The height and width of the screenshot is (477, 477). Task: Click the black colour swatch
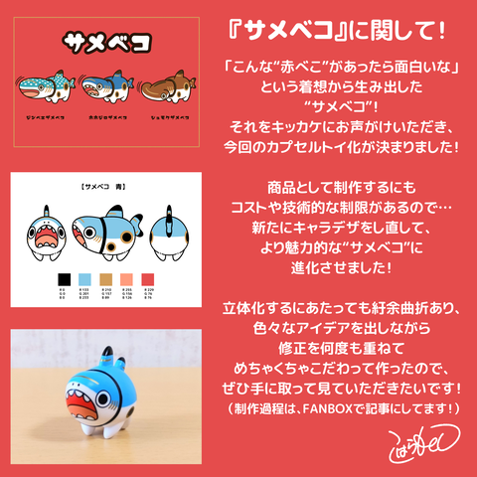(63, 278)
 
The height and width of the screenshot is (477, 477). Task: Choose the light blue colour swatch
(84, 278)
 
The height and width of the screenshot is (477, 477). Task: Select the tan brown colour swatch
(107, 278)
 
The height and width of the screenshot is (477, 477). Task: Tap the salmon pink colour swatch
(129, 278)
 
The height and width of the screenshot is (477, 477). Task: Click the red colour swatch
(151, 278)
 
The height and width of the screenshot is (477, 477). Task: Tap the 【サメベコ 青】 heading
(106, 187)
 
